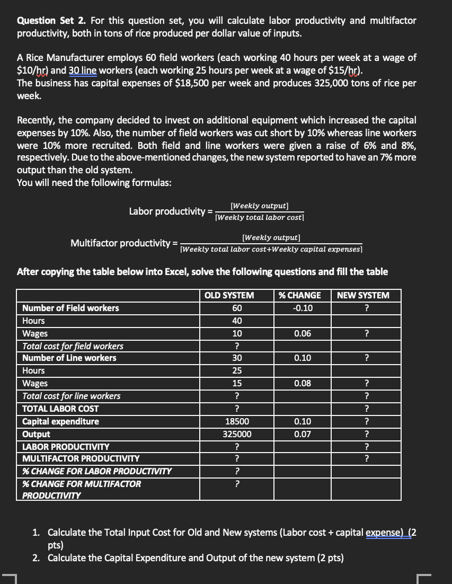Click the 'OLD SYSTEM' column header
pos(236,295)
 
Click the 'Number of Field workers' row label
pos(70,308)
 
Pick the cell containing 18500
pos(236,421)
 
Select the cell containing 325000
pos(236,434)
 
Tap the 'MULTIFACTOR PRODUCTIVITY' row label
pos(81,458)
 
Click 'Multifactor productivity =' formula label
pos(125,243)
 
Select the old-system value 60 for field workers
pos(236,308)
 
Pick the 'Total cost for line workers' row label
pos(71,396)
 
